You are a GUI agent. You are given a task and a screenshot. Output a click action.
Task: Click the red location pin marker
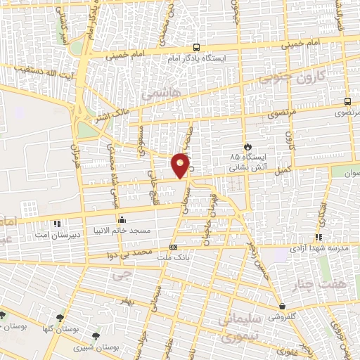tap(181, 165)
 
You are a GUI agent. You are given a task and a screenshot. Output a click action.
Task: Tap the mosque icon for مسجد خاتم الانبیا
tap(122, 219)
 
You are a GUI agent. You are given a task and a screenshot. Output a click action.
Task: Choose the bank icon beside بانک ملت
tap(173, 247)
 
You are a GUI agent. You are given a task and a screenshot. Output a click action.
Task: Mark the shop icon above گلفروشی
tap(281, 307)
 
